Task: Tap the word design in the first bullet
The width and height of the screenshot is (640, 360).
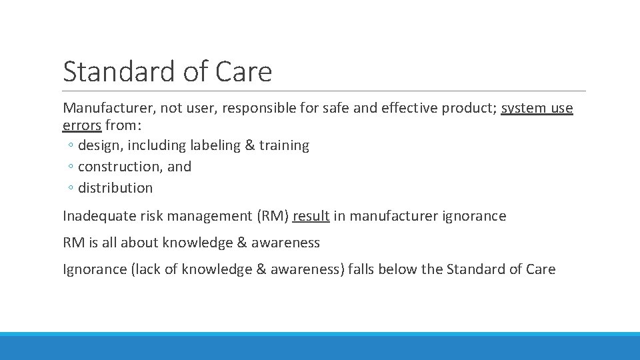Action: point(99,145)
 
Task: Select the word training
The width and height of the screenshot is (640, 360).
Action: point(284,145)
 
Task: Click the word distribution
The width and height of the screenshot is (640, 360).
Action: point(115,188)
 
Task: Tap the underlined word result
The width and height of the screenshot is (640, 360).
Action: point(311,216)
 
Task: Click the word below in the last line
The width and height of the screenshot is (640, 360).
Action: point(400,269)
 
